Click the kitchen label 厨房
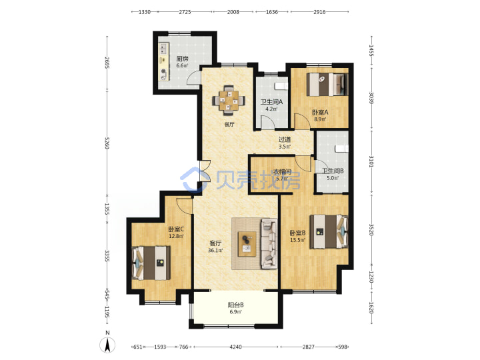(182, 59)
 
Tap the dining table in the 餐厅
(229, 100)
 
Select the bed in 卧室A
(327, 84)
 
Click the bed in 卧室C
(151, 263)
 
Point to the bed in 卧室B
(329, 231)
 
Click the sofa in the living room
(269, 244)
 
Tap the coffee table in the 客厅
(247, 244)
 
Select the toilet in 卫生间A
(281, 86)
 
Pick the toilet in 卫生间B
(341, 149)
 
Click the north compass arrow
(107, 345)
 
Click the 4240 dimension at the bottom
(235, 347)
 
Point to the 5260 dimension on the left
(107, 143)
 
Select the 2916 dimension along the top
(319, 12)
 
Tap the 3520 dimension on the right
(371, 229)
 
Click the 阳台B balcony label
(236, 305)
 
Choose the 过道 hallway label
(285, 139)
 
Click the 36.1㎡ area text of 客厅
(215, 251)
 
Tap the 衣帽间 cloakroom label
(282, 171)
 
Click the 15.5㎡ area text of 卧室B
(297, 240)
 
